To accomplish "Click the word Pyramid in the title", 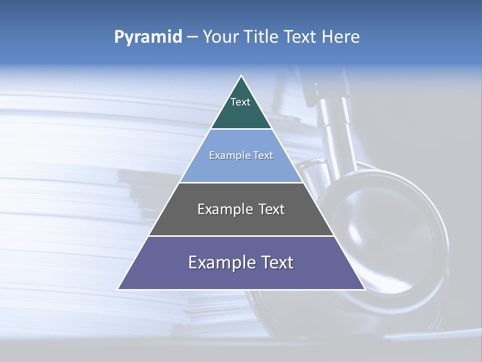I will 148,37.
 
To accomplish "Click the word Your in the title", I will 220,37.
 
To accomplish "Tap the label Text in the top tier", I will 240,102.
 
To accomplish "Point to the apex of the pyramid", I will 241,76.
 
